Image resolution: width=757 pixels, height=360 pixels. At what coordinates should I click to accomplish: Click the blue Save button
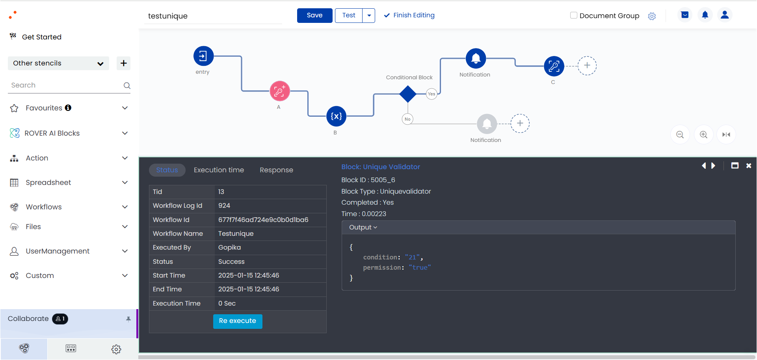(314, 15)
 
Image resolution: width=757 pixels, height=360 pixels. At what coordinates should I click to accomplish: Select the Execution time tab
(219, 170)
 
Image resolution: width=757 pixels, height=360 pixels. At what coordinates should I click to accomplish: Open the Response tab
(276, 170)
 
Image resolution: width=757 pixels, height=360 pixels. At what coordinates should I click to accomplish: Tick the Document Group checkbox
(574, 15)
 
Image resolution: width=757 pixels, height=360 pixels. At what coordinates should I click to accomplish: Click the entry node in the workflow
(203, 56)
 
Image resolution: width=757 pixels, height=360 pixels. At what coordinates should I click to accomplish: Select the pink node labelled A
(280, 91)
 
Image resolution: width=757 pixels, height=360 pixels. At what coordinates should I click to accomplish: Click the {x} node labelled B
(337, 116)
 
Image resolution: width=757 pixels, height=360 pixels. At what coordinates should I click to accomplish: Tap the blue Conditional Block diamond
(408, 94)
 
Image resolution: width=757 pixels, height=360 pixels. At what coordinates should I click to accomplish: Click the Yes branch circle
(432, 94)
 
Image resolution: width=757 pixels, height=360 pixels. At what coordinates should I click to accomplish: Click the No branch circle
(407, 119)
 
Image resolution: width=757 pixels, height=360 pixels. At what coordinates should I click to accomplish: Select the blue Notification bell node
(476, 59)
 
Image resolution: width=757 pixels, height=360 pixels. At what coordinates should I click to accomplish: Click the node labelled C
(554, 66)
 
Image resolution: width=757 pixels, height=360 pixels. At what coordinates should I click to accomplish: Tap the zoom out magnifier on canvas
(680, 135)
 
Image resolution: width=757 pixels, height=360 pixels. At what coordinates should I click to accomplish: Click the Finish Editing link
(409, 15)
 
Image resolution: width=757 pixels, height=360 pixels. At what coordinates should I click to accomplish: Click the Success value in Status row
(231, 261)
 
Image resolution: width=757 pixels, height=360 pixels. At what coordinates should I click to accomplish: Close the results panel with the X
(749, 166)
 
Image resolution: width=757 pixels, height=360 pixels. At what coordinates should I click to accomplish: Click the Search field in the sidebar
(65, 85)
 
